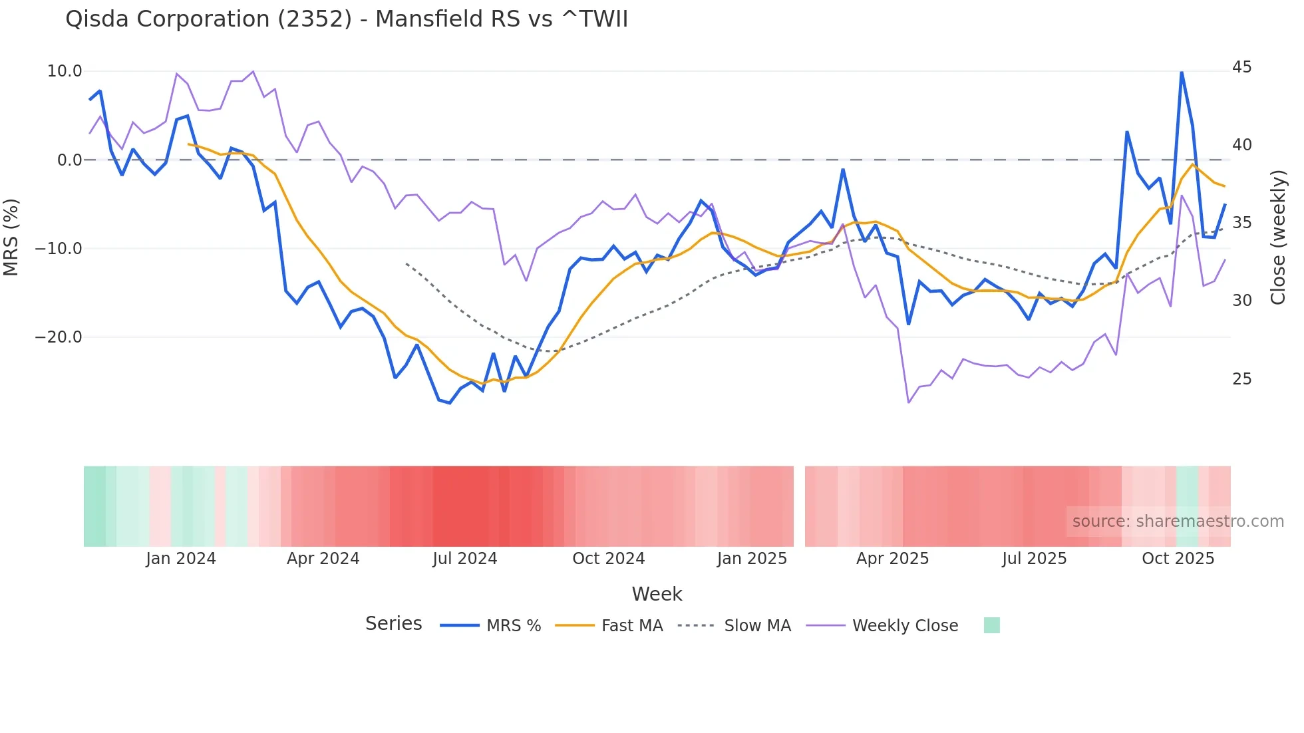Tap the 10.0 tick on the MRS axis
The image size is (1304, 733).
65,71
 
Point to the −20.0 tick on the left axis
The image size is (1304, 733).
59,337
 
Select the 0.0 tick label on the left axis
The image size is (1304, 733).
69,160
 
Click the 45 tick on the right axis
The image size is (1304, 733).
1241,67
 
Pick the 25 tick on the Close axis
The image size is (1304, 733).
1241,379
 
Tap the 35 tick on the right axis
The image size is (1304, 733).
1241,223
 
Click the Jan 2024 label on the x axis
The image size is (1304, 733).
181,559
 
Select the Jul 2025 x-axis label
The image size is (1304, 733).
1034,559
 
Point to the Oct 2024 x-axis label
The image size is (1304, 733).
608,559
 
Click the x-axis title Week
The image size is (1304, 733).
657,594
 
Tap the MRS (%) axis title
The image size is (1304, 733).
11,237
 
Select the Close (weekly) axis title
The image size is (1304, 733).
1278,237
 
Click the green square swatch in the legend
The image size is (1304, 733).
991,625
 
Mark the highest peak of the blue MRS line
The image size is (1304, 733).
1182,72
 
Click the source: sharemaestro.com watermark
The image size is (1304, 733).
1178,521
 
